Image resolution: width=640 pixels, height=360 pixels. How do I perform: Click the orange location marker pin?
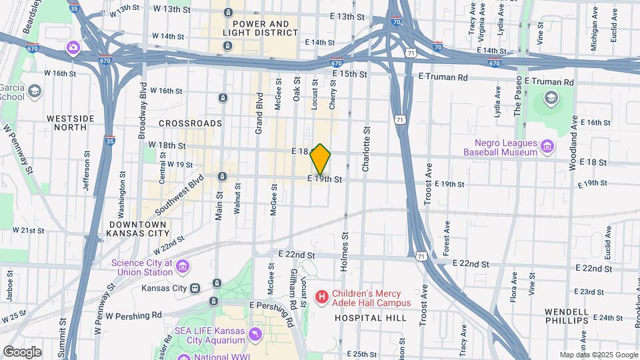tap(321, 159)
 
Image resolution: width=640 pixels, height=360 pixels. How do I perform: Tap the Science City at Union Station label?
tap(143, 267)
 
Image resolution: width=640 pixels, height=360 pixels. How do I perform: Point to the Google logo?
tap(22, 351)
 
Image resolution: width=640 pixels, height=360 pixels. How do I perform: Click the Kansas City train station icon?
tap(195, 289)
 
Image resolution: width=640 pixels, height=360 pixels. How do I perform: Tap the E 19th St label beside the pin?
tap(325, 179)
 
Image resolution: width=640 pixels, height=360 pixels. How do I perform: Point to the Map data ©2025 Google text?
tap(599, 355)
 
